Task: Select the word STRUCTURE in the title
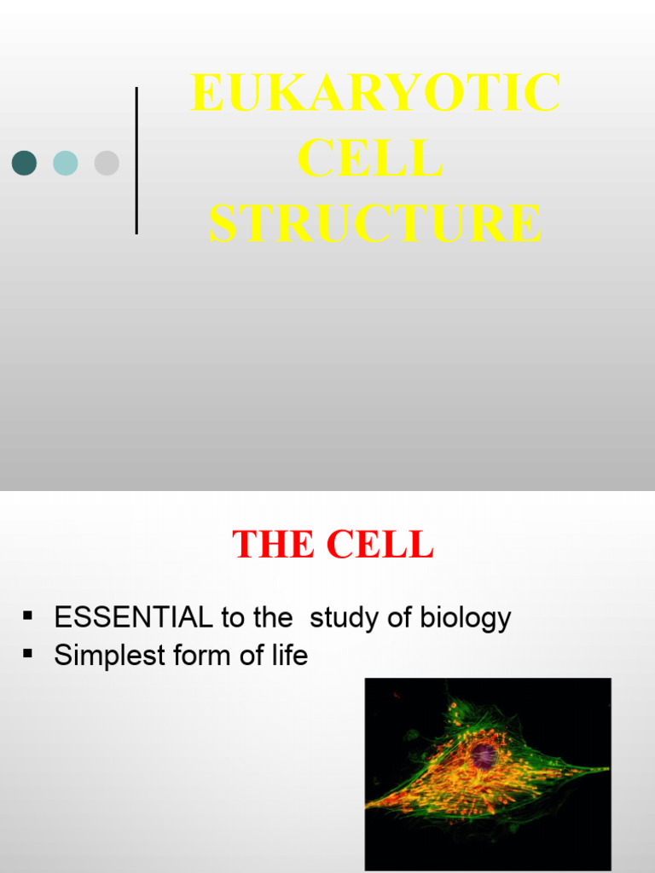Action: click(375, 223)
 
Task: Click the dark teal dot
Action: click(24, 163)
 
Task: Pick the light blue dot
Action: click(66, 163)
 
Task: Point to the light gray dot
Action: click(107, 163)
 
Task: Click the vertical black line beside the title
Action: click(136, 160)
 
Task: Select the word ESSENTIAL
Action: click(132, 618)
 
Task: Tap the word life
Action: click(286, 656)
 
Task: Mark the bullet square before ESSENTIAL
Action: click(28, 616)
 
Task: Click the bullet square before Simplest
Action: click(28, 653)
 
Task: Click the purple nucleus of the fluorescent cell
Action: click(484, 754)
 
